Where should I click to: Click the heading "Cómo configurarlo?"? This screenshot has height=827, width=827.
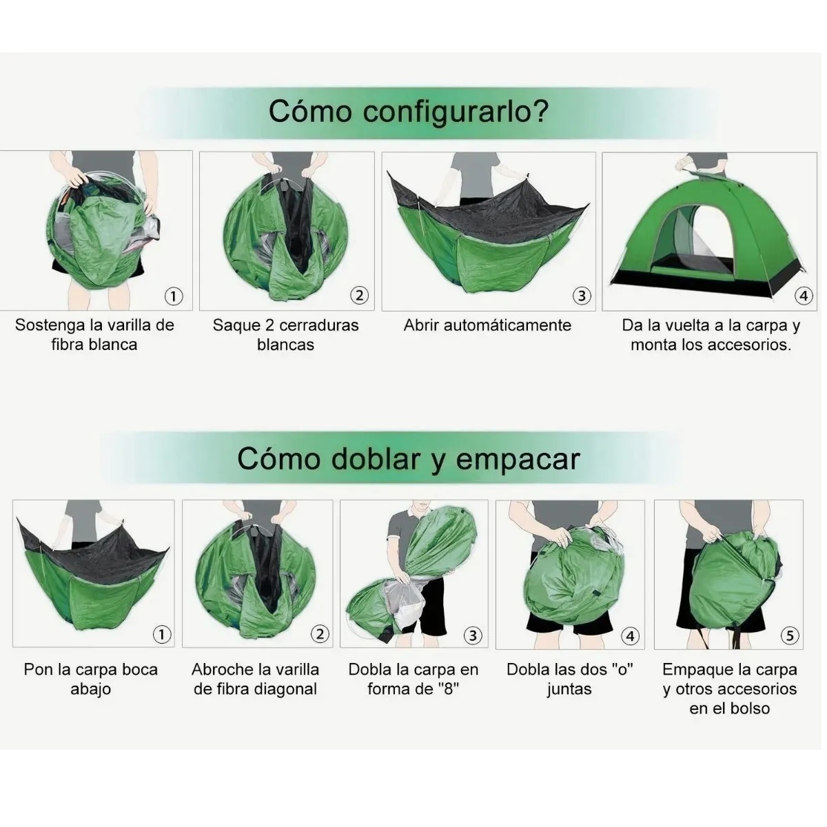408,110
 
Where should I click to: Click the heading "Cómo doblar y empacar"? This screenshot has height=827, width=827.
408,459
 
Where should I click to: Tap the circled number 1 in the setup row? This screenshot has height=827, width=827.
173,296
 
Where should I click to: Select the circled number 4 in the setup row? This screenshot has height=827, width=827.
804,296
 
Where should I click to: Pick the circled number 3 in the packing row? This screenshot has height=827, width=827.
472,635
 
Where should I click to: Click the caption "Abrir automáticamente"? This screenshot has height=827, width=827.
487,325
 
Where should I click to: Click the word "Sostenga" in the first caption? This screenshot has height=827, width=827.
48,325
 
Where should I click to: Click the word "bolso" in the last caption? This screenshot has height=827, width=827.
749,708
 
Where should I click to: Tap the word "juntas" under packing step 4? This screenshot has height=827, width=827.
569,689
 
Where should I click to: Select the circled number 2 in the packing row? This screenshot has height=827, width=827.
320,634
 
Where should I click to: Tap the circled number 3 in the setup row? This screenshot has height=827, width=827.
582,296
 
